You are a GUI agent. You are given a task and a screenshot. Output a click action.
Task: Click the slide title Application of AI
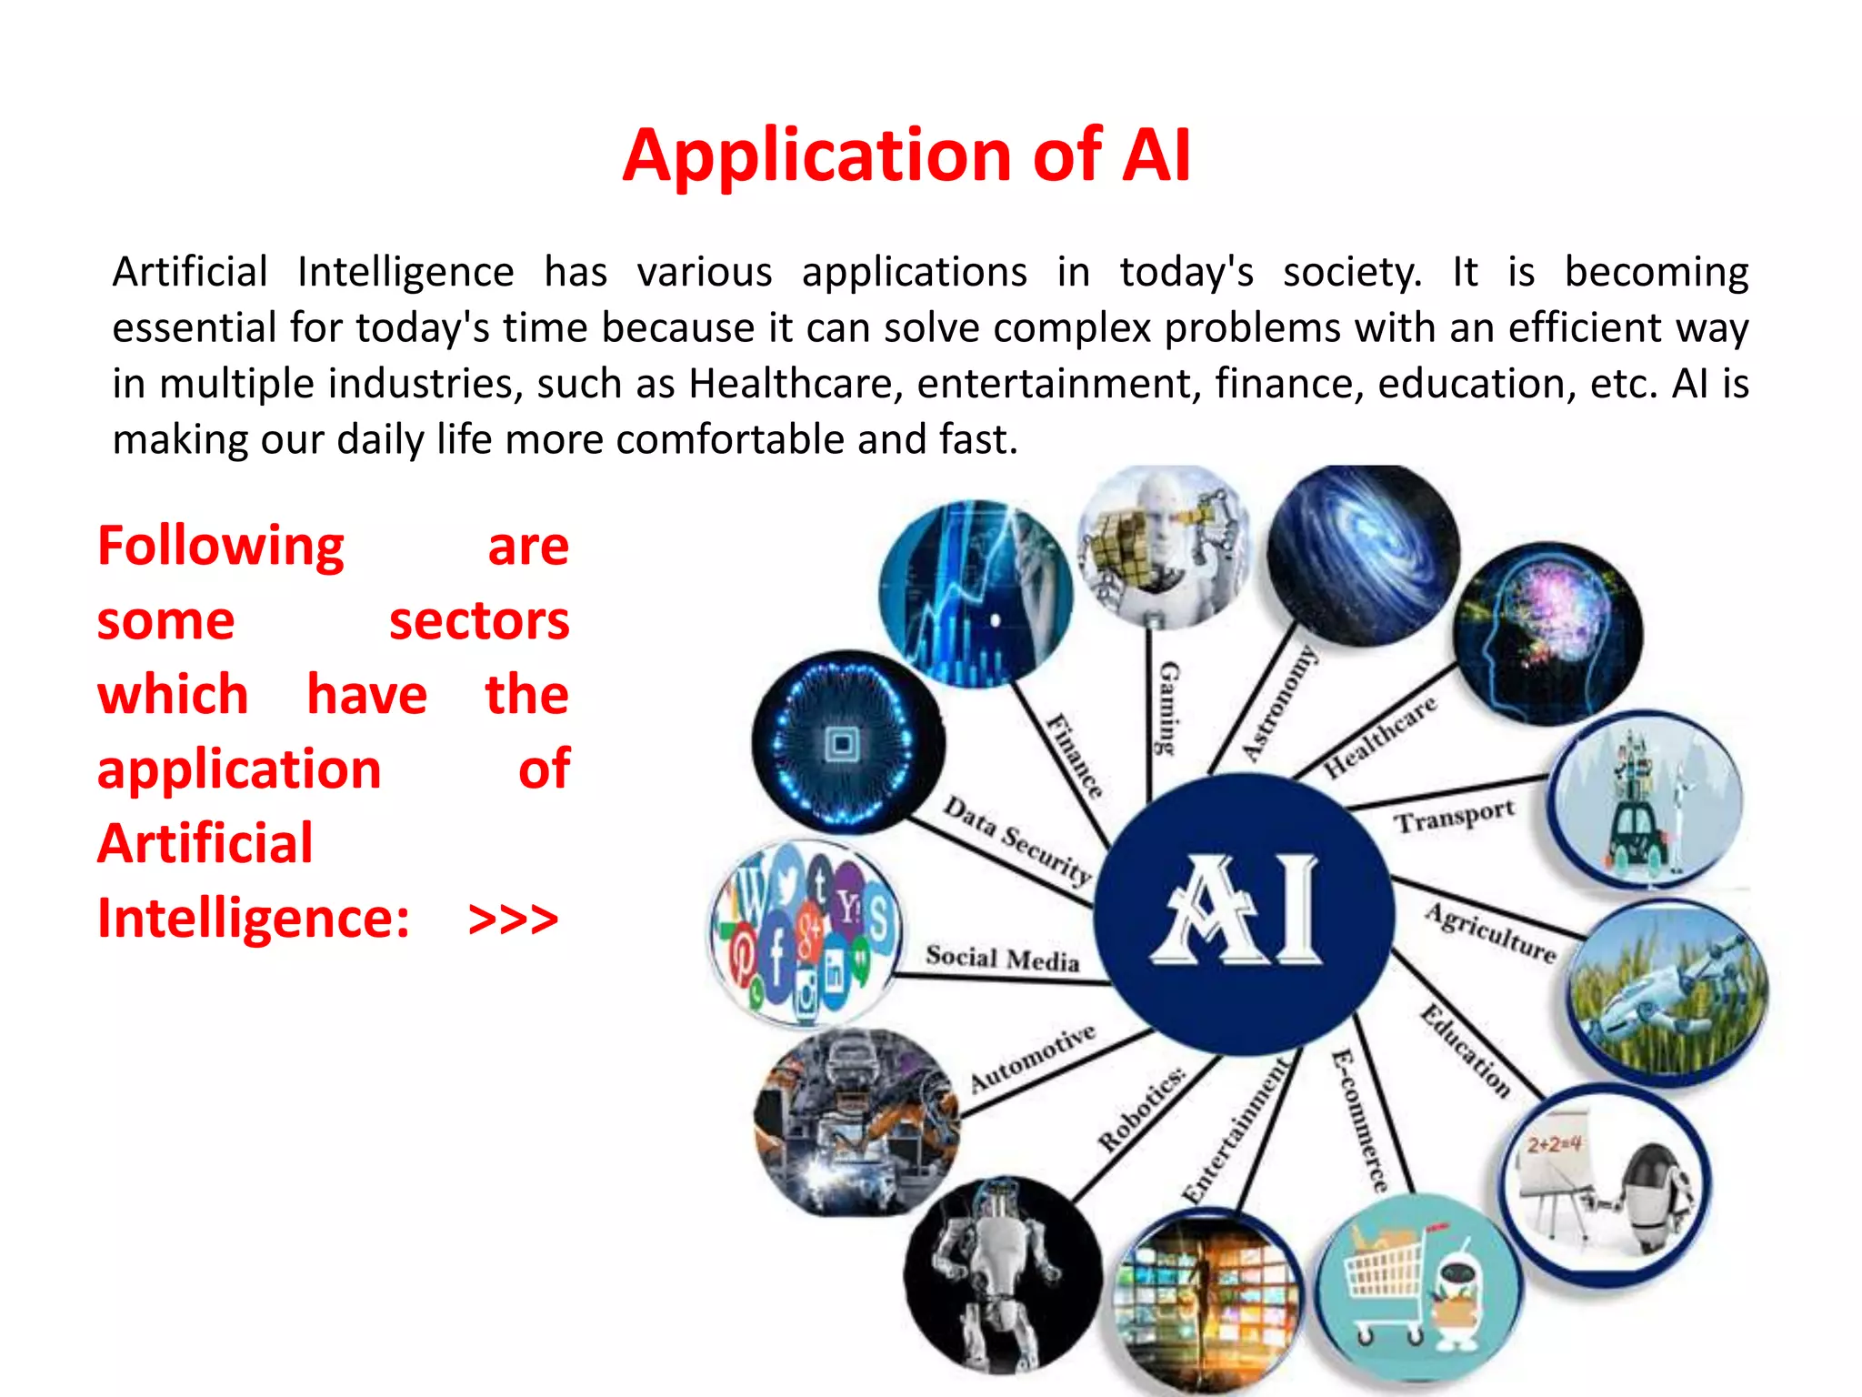[x=906, y=156]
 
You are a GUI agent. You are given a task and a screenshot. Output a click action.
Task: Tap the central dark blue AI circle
[x=1243, y=912]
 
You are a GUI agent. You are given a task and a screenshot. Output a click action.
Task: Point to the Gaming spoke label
[x=1167, y=708]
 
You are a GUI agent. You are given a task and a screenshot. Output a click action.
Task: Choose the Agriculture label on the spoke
[x=1491, y=932]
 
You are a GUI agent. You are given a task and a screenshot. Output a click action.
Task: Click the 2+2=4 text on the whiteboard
[x=1554, y=1143]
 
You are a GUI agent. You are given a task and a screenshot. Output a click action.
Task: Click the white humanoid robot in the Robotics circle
[x=1000, y=1273]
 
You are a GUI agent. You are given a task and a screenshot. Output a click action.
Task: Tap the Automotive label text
[x=1033, y=1058]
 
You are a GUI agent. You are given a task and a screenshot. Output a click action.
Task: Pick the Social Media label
[x=1002, y=958]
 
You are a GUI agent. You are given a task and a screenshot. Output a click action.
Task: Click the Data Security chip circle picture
[x=847, y=742]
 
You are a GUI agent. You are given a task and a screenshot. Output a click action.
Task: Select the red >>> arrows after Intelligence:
[x=513, y=919]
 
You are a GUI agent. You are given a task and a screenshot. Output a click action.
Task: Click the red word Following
[x=221, y=547]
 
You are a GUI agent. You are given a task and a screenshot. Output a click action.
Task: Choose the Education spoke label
[x=1466, y=1051]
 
